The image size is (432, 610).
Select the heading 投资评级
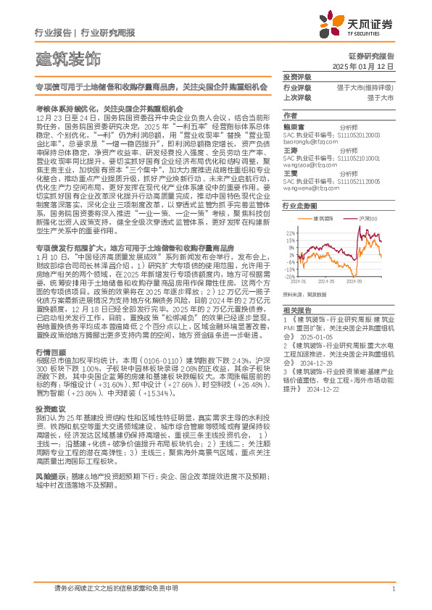click(296, 77)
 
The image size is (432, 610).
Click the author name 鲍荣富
click(293, 125)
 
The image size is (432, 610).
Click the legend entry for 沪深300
click(365, 218)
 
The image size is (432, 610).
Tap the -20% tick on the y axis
click(289, 276)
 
